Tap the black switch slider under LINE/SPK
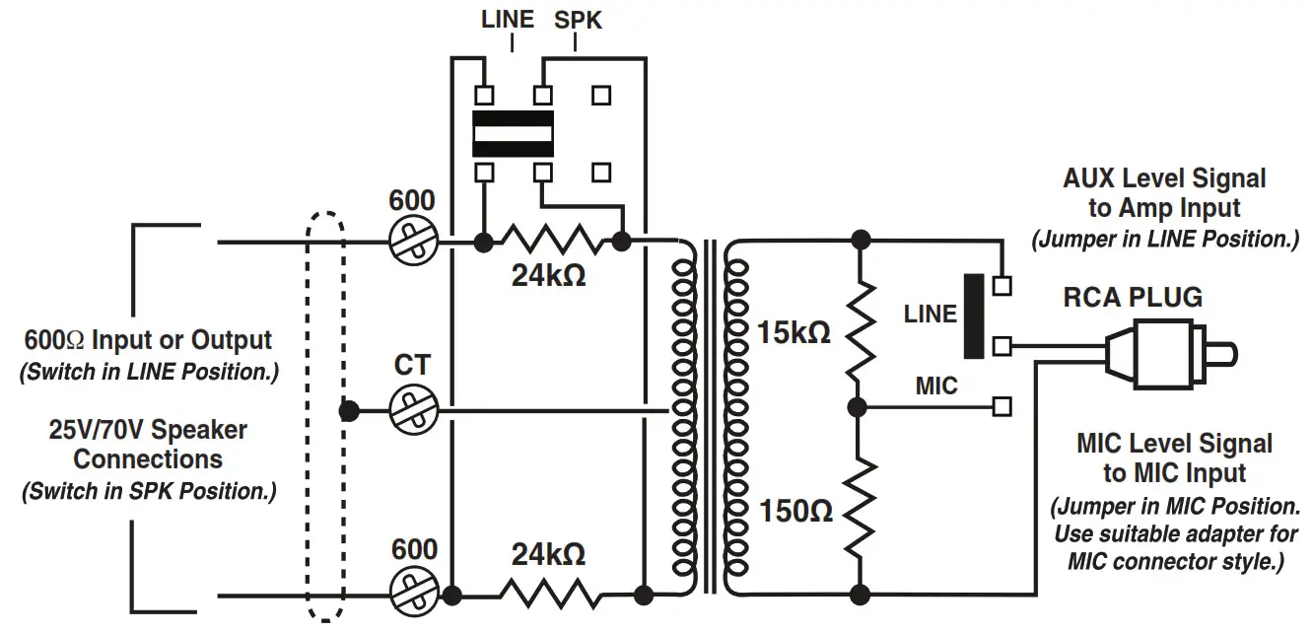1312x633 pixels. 512,134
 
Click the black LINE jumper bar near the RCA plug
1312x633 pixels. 973,316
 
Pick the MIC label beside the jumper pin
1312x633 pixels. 935,386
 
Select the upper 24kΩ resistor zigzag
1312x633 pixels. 552,241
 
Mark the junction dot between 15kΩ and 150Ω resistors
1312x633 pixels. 861,405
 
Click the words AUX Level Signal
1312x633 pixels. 1163,178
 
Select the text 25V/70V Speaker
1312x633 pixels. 148,430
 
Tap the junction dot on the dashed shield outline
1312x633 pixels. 345,409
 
